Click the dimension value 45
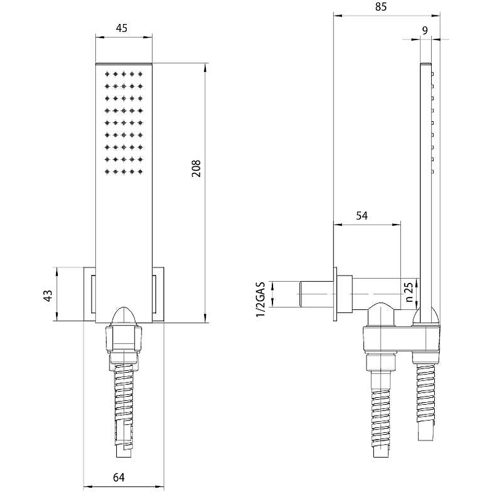(121, 28)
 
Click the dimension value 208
(196, 169)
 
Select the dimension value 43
(48, 296)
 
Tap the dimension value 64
(119, 477)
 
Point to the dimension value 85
(381, 7)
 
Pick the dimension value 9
(425, 31)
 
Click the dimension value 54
(362, 216)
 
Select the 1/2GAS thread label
(261, 300)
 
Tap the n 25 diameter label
(409, 292)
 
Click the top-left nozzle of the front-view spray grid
(107, 74)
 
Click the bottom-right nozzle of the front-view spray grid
(140, 172)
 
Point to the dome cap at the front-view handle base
(124, 315)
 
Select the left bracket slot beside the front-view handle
(93, 294)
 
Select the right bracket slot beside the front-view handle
(155, 294)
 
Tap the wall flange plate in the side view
(335, 294)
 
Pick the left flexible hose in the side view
(381, 414)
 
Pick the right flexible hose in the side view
(426, 402)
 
